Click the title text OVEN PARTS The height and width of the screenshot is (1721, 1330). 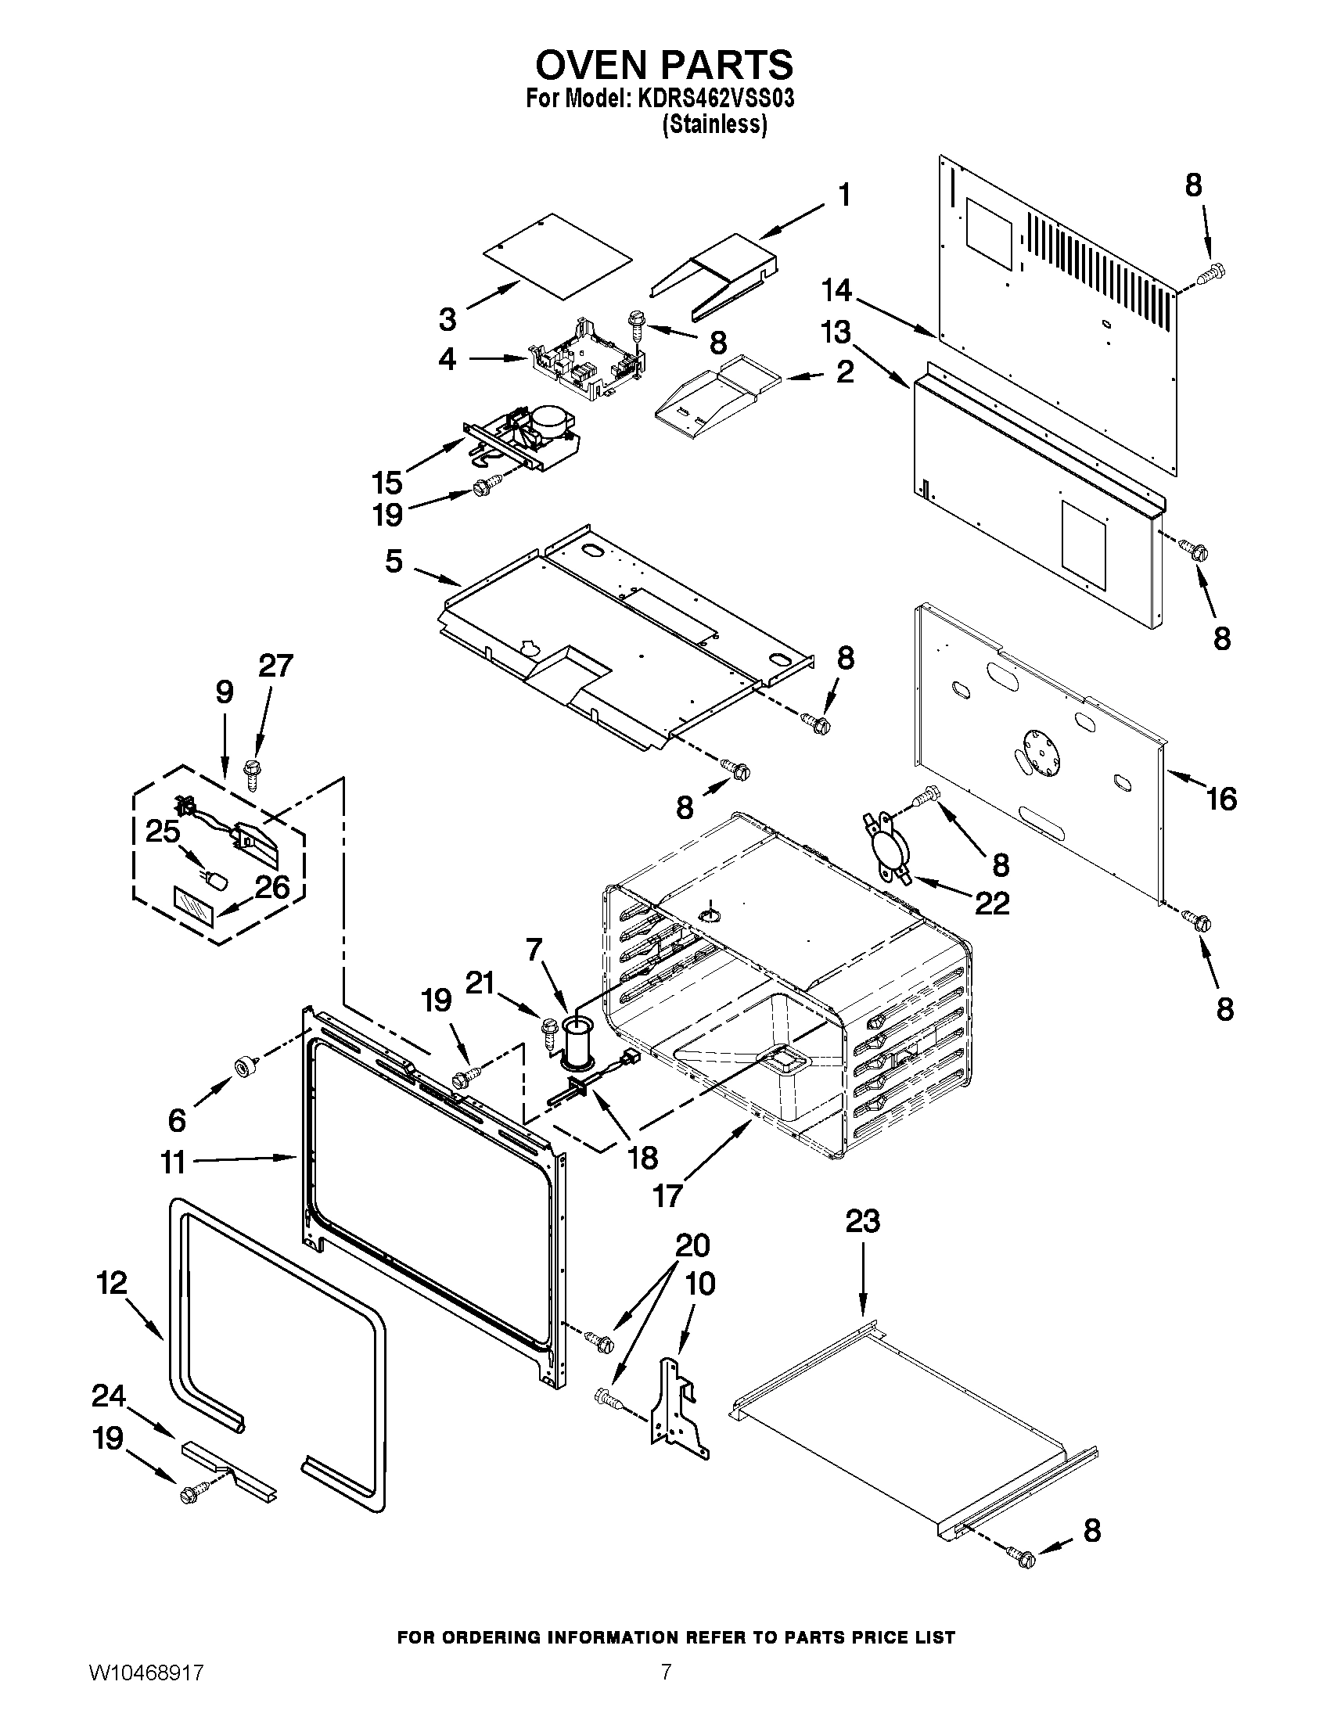[x=664, y=65]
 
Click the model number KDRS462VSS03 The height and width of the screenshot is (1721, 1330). [x=716, y=99]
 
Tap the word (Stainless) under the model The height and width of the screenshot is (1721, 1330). [x=714, y=124]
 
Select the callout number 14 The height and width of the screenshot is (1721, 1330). [x=836, y=291]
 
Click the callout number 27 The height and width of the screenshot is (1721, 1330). [x=275, y=666]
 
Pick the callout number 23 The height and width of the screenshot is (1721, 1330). [x=862, y=1220]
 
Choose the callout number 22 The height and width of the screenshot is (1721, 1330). [x=991, y=903]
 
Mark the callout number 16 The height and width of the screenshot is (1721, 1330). [x=1221, y=799]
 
